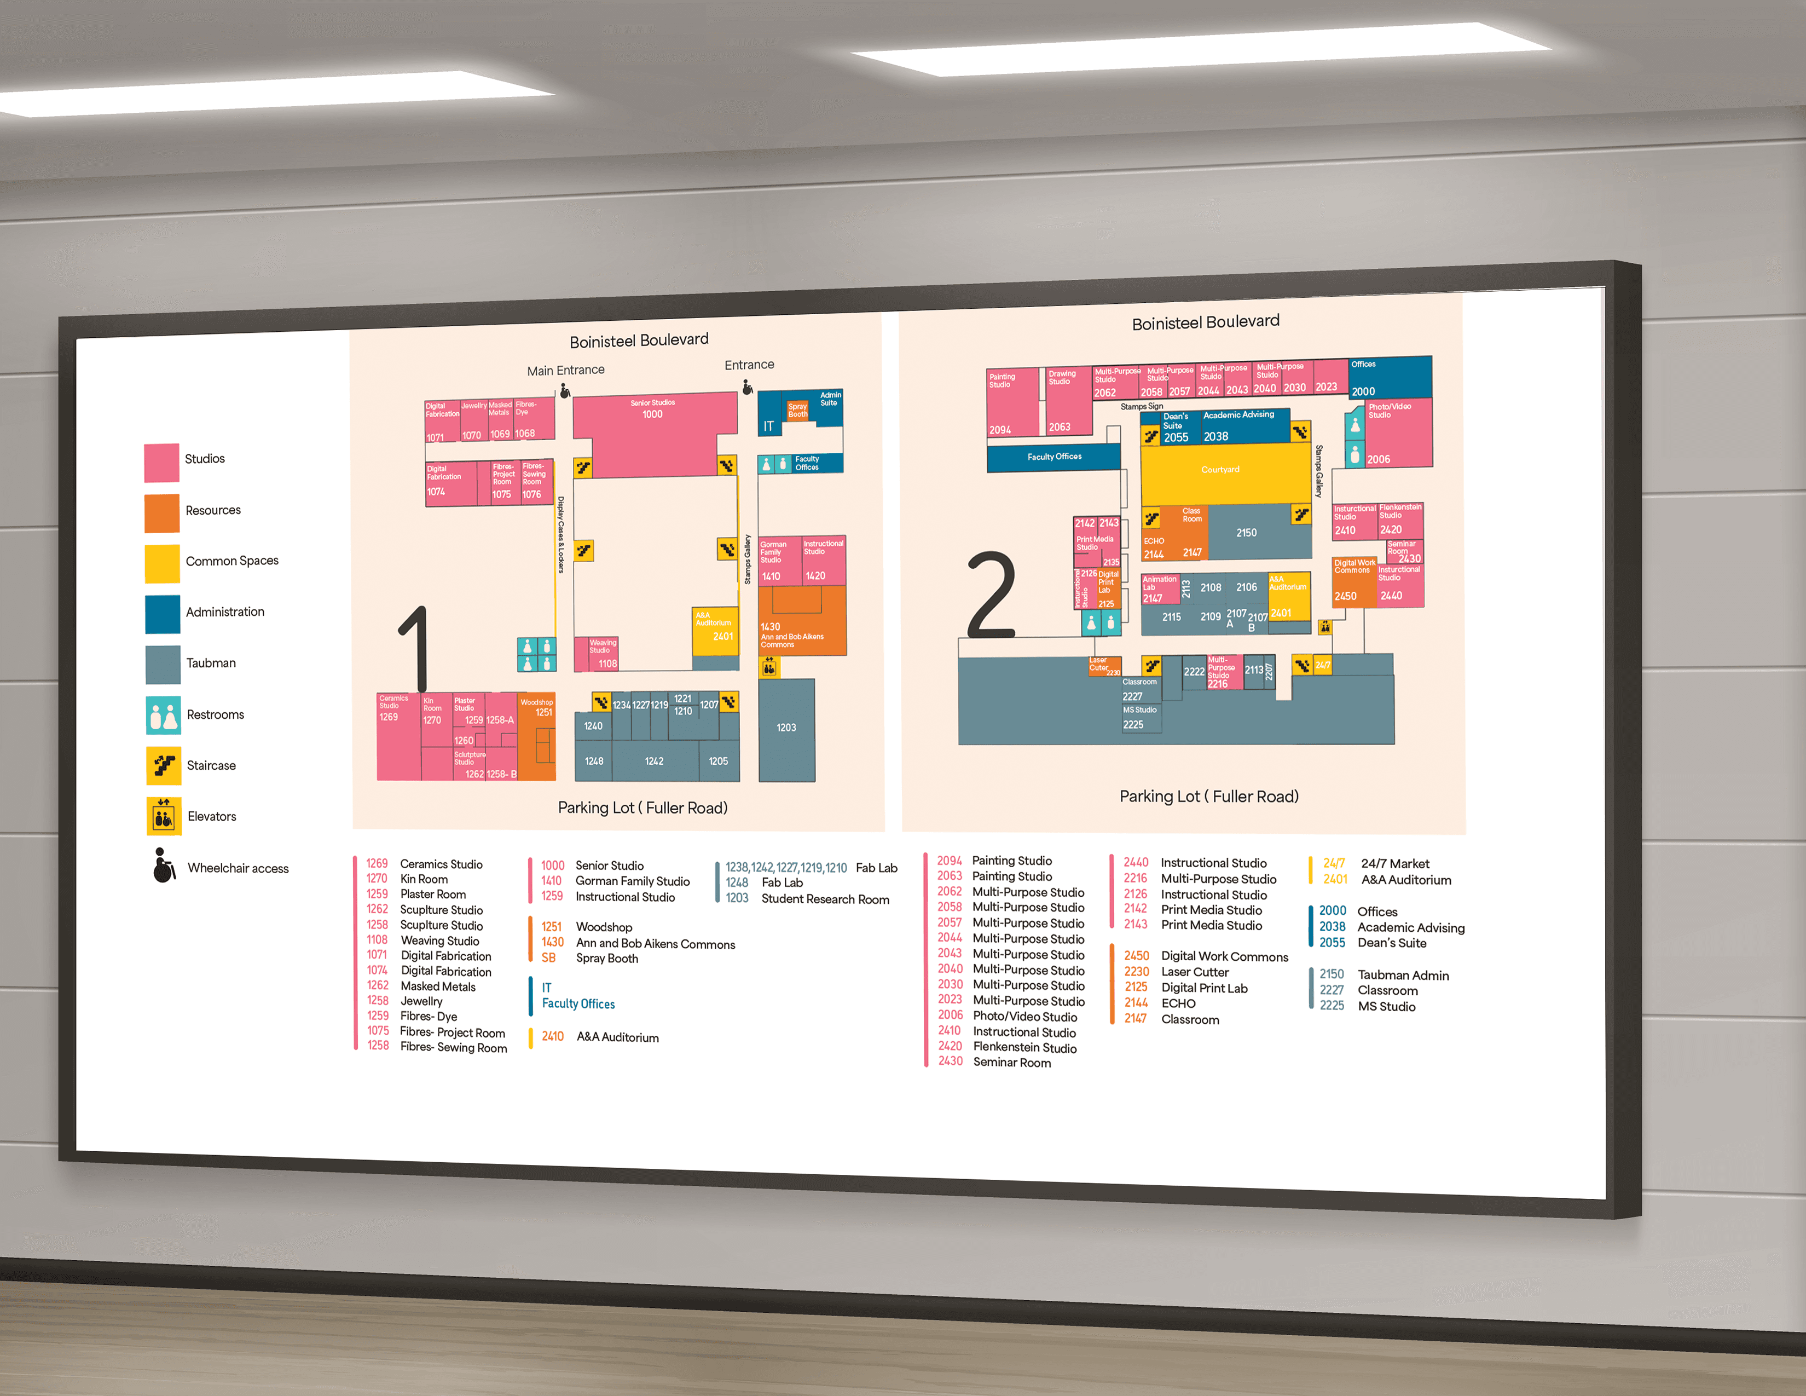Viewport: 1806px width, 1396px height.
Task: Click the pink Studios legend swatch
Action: pos(161,462)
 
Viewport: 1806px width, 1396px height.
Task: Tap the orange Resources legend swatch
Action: pos(162,513)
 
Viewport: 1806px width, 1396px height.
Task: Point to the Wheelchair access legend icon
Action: pos(164,866)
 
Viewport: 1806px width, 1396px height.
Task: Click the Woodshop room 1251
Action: pos(537,736)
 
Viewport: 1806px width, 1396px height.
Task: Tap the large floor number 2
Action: pos(992,596)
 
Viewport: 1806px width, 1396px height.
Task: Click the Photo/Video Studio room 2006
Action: pos(1398,434)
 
